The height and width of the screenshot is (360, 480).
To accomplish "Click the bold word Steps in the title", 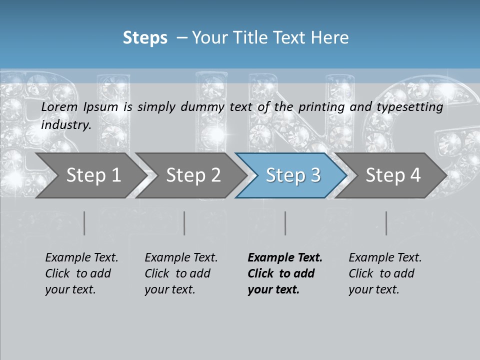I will click(145, 38).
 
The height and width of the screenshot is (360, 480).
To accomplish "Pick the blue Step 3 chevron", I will click(293, 175).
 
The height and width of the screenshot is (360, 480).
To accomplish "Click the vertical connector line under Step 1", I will click(84, 223).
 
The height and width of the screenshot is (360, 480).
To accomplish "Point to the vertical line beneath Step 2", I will click(184, 223).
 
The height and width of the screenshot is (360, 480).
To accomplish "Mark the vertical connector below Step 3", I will click(285, 223).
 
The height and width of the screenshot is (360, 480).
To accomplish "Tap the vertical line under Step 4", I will click(386, 223).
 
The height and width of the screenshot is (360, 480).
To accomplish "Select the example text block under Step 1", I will click(81, 273).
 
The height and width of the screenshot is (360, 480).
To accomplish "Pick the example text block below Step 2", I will click(181, 273).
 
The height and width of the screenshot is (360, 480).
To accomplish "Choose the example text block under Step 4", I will click(385, 273).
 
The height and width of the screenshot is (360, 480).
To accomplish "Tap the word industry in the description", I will click(66, 125).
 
